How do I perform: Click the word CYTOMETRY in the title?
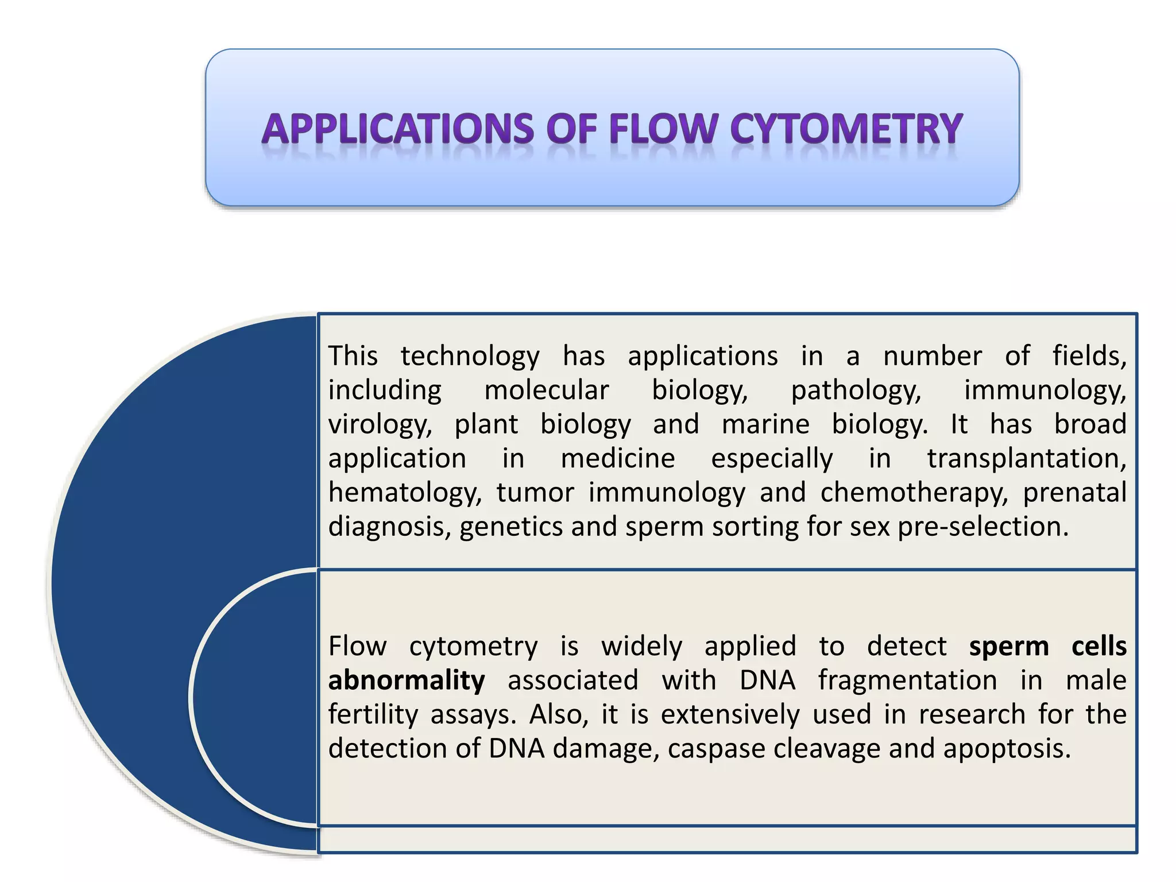(x=846, y=129)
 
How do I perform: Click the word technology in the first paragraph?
(x=470, y=356)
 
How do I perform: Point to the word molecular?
(x=546, y=390)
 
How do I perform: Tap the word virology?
(x=380, y=425)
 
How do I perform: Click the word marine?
(x=765, y=424)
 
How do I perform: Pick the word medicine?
(x=618, y=458)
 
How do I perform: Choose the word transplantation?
(x=1027, y=459)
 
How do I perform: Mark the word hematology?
(x=405, y=493)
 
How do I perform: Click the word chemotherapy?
(x=914, y=493)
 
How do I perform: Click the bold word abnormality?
(x=407, y=680)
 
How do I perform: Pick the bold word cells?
(x=1098, y=646)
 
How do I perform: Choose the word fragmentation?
(x=907, y=681)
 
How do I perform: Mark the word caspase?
(x=716, y=749)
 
